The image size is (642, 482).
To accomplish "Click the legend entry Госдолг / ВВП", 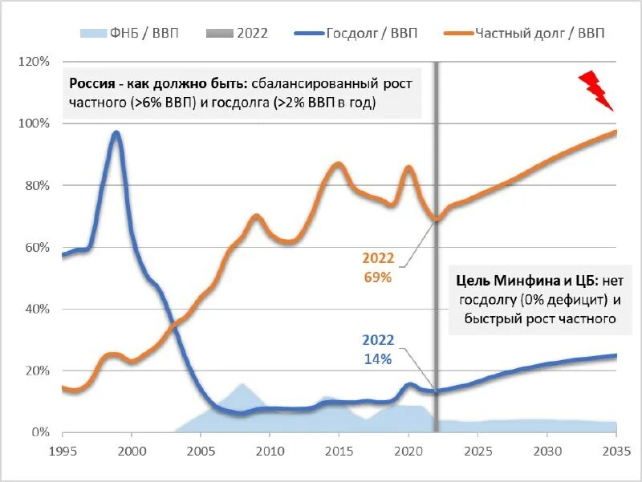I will click(372, 33).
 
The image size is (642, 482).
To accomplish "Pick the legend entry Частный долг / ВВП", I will click(539, 33).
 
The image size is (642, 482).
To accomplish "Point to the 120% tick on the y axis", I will click(34, 62).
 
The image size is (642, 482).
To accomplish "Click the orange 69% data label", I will click(377, 277).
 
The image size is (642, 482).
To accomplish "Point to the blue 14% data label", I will click(377, 359).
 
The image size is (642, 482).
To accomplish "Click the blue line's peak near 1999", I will click(116, 133).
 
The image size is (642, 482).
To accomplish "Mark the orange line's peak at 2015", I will click(338, 164).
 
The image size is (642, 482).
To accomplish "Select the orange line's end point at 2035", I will click(616, 132).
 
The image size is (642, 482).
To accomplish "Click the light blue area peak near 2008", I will click(241, 384).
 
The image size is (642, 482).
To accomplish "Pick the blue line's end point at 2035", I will click(616, 355).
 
